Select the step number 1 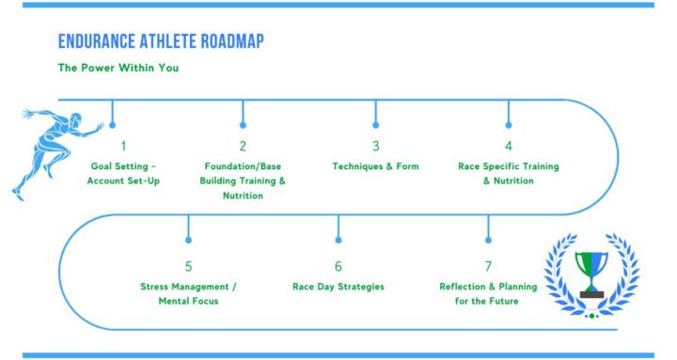[x=122, y=146]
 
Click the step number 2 [x=243, y=146]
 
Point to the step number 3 [x=375, y=146]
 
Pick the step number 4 [x=508, y=146]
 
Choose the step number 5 [x=188, y=266]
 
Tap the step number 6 [x=338, y=266]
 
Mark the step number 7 [x=488, y=266]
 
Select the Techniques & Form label [x=375, y=166]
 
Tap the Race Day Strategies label [x=338, y=286]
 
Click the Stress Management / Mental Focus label [x=187, y=293]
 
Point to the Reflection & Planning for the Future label [x=488, y=293]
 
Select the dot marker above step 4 [x=509, y=123]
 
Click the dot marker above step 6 [x=338, y=241]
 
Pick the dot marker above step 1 [x=113, y=123]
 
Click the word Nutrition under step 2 [x=243, y=196]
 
